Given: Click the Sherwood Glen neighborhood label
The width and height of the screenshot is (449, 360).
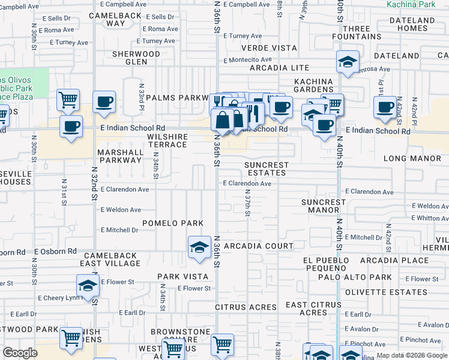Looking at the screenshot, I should [x=136, y=58].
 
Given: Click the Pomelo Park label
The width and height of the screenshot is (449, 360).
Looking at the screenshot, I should [x=173, y=223].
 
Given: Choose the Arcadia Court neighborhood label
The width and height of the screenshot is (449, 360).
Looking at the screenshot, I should [x=259, y=246].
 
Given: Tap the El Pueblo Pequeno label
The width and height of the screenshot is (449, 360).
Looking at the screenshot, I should [x=325, y=264].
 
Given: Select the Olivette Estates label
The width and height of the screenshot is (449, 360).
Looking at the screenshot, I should [x=393, y=293].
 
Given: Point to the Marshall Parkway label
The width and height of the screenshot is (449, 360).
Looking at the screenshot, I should [x=121, y=157].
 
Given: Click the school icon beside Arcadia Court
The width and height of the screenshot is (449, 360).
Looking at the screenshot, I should [x=198, y=247].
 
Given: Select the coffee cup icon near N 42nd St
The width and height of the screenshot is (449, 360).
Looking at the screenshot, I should [x=384, y=107].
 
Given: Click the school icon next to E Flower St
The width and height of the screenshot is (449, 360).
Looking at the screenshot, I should [x=88, y=285].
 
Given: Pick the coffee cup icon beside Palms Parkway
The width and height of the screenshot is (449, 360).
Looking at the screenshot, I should [x=104, y=101].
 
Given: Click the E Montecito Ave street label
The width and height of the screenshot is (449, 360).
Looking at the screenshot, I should [x=248, y=59].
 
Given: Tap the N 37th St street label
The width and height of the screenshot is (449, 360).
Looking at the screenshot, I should [x=247, y=202].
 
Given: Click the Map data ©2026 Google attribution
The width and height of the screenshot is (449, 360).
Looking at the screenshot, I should [x=412, y=355].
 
